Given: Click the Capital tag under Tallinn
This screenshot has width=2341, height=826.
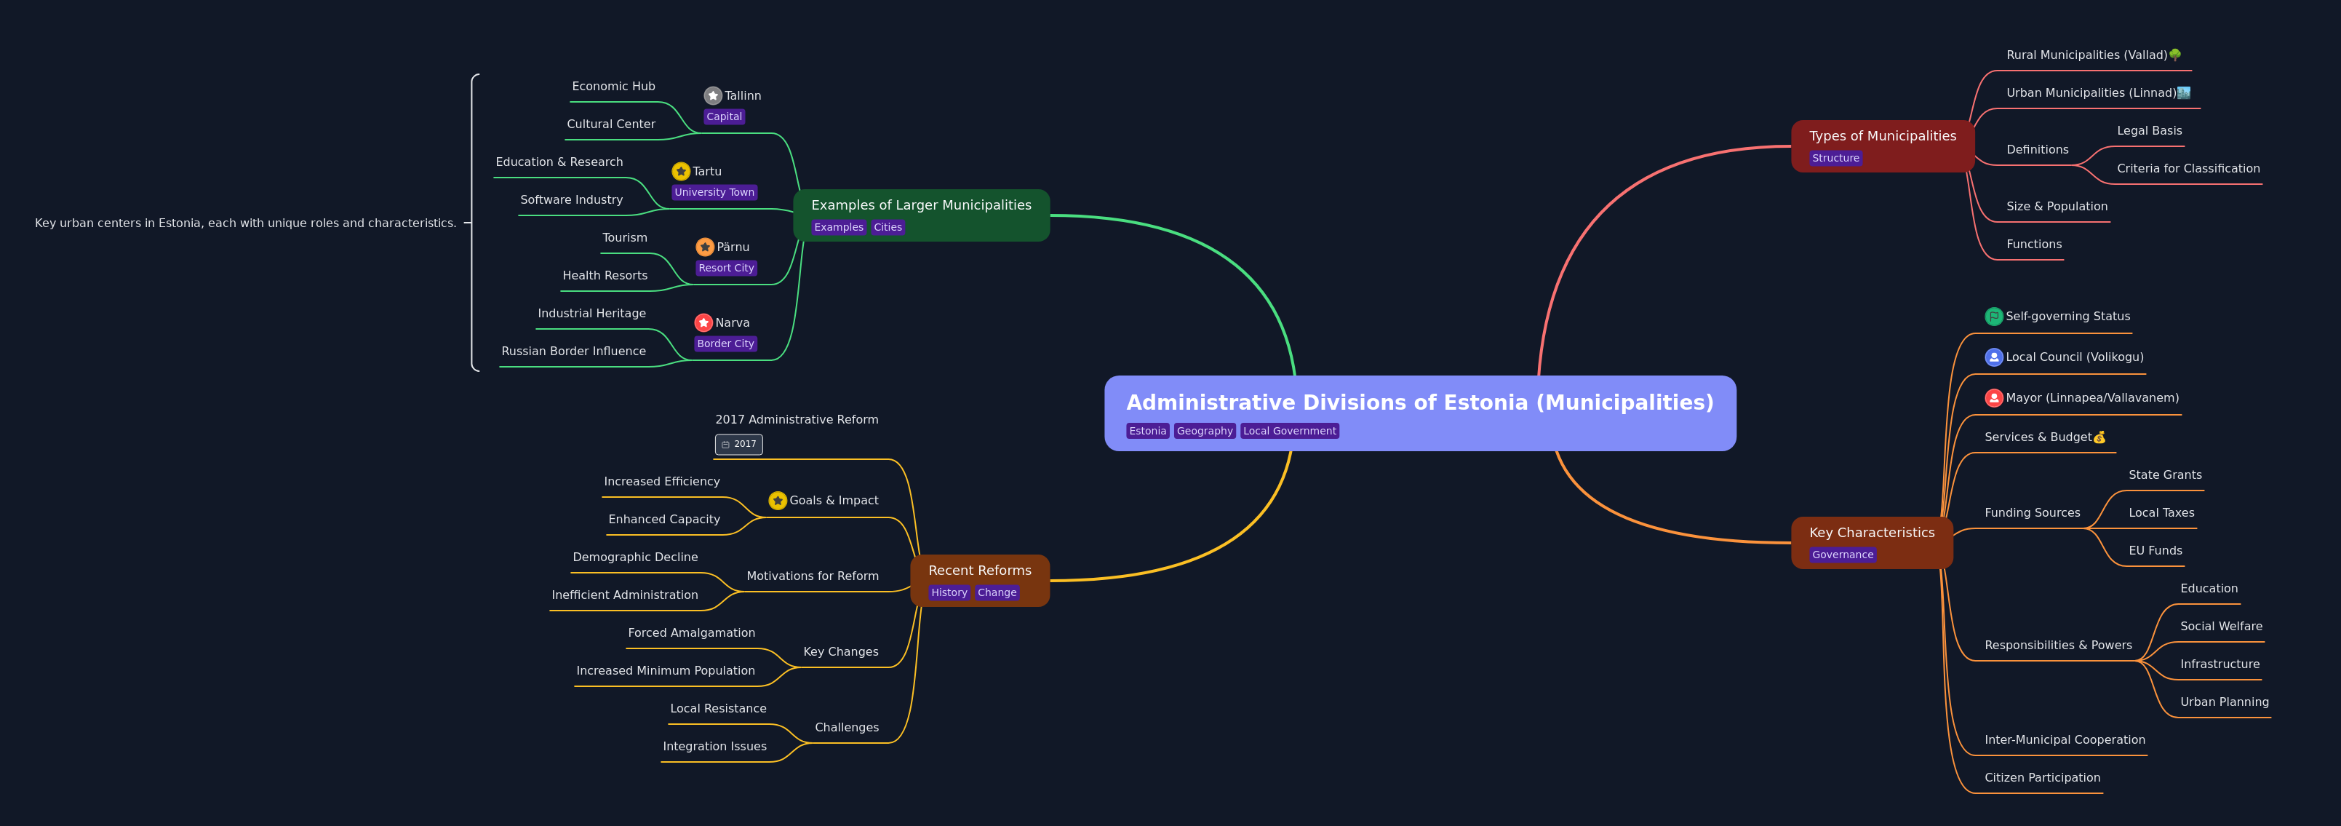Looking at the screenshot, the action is [x=725, y=116].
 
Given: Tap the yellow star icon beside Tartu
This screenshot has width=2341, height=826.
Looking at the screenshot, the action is [x=681, y=171].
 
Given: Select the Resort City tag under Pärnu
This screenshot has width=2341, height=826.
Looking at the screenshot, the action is [x=726, y=268].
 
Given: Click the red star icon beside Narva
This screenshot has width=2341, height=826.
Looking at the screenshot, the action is [x=703, y=322].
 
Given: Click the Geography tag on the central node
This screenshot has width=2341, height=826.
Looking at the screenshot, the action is [x=1205, y=431].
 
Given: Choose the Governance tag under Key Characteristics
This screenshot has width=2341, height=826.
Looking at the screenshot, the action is [x=1842, y=555].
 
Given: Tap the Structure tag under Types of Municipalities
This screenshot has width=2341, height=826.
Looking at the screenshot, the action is [x=1835, y=158].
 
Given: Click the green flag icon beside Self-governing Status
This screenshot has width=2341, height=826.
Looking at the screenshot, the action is [x=1994, y=317].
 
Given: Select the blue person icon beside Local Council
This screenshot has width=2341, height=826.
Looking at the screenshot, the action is [x=1994, y=357].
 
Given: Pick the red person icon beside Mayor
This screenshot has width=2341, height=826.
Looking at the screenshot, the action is [x=1994, y=398].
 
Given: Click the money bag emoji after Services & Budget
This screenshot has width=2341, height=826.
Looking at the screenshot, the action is [x=2099, y=437].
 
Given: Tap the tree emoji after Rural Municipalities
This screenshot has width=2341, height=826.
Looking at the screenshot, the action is [x=2174, y=55].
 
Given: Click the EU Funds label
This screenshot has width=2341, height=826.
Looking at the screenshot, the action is [x=2155, y=551].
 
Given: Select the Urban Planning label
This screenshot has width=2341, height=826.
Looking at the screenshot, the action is [x=2224, y=702].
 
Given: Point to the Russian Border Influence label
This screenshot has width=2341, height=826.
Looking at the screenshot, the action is [x=573, y=351].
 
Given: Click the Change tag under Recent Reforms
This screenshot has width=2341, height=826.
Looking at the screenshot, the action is [x=997, y=592].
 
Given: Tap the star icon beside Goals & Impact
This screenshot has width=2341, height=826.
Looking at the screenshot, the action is [x=778, y=501].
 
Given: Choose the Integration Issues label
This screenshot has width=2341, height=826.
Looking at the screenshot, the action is [x=714, y=746].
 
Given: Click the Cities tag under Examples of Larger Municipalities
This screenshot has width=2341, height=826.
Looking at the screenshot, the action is [x=888, y=227].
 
